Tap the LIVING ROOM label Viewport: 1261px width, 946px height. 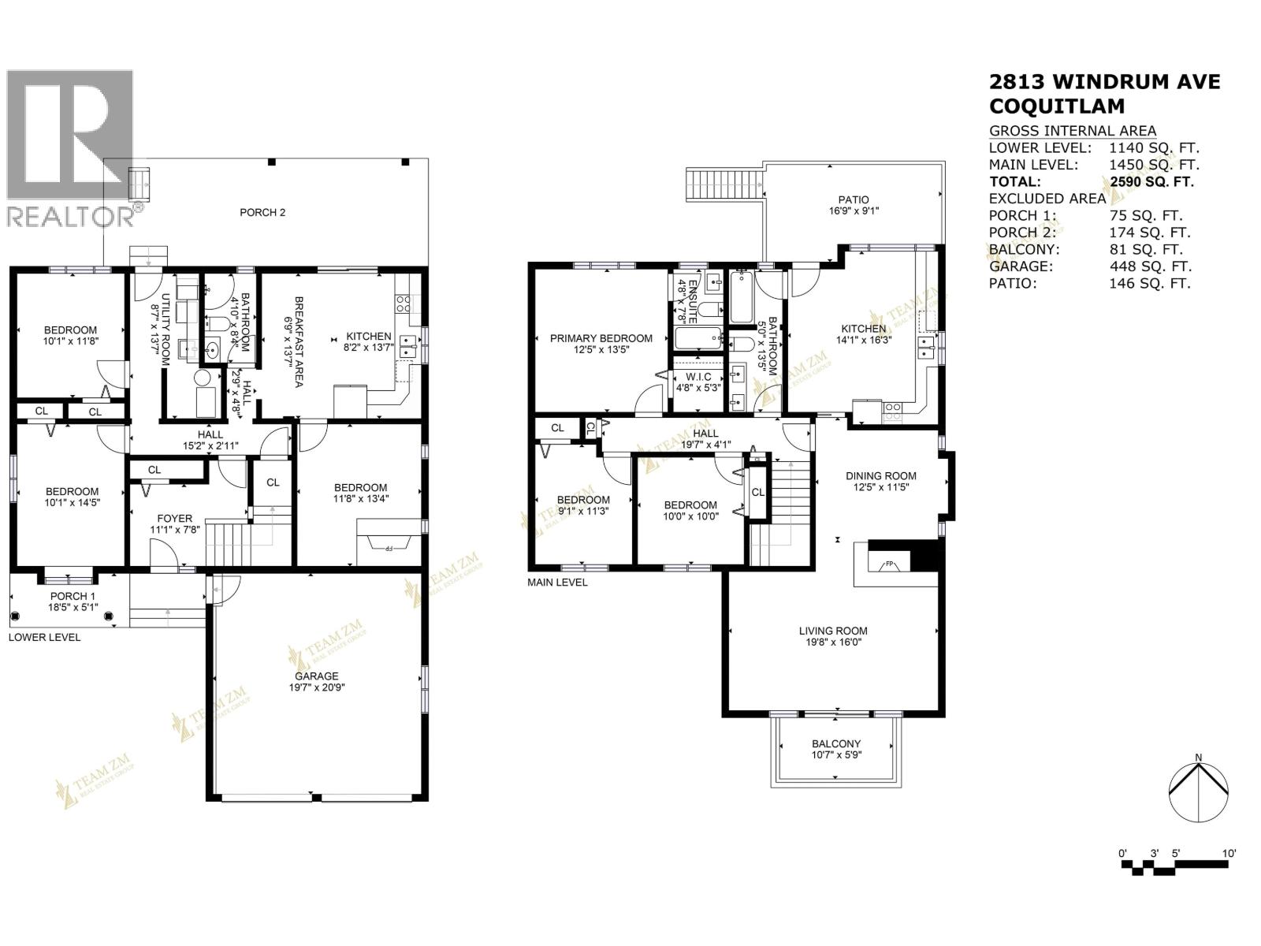pyautogui.click(x=833, y=631)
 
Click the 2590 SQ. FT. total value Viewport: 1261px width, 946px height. pyautogui.click(x=1151, y=182)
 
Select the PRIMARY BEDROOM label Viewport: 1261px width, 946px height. pyautogui.click(x=601, y=338)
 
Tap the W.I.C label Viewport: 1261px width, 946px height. pyautogui.click(x=698, y=377)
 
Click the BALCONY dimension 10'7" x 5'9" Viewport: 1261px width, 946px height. pyautogui.click(x=836, y=755)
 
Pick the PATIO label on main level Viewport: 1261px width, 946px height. pyautogui.click(x=854, y=199)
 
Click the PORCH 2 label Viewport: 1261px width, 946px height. pyautogui.click(x=262, y=212)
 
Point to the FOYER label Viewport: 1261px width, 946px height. pyautogui.click(x=174, y=518)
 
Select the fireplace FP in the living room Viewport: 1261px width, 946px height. pyautogui.click(x=888, y=564)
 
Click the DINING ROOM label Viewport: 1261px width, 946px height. pyautogui.click(x=880, y=475)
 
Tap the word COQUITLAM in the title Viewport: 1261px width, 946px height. pyautogui.click(x=1057, y=106)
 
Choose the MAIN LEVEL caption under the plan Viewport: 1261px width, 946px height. pyautogui.click(x=557, y=583)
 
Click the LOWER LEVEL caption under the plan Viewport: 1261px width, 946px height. pyautogui.click(x=44, y=637)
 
